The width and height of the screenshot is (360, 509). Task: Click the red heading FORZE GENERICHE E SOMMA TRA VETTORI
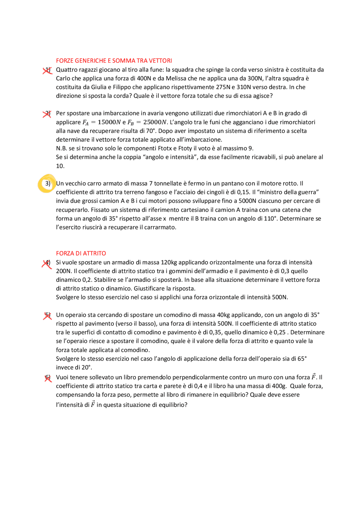[x=114, y=61]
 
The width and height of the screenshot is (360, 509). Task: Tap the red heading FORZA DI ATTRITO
[x=81, y=253]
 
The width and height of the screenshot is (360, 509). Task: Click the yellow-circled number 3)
[x=48, y=184]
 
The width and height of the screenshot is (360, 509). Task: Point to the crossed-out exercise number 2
[x=48, y=114]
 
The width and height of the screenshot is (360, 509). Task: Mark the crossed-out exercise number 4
[x=47, y=263]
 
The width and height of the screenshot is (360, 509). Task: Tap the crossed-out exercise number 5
[x=48, y=315]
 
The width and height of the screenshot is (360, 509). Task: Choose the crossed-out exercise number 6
[x=48, y=378]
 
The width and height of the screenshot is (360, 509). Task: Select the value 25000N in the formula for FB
[x=155, y=122]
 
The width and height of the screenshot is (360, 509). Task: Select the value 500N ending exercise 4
[x=280, y=297]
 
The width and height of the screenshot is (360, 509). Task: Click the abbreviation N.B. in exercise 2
[x=61, y=148]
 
